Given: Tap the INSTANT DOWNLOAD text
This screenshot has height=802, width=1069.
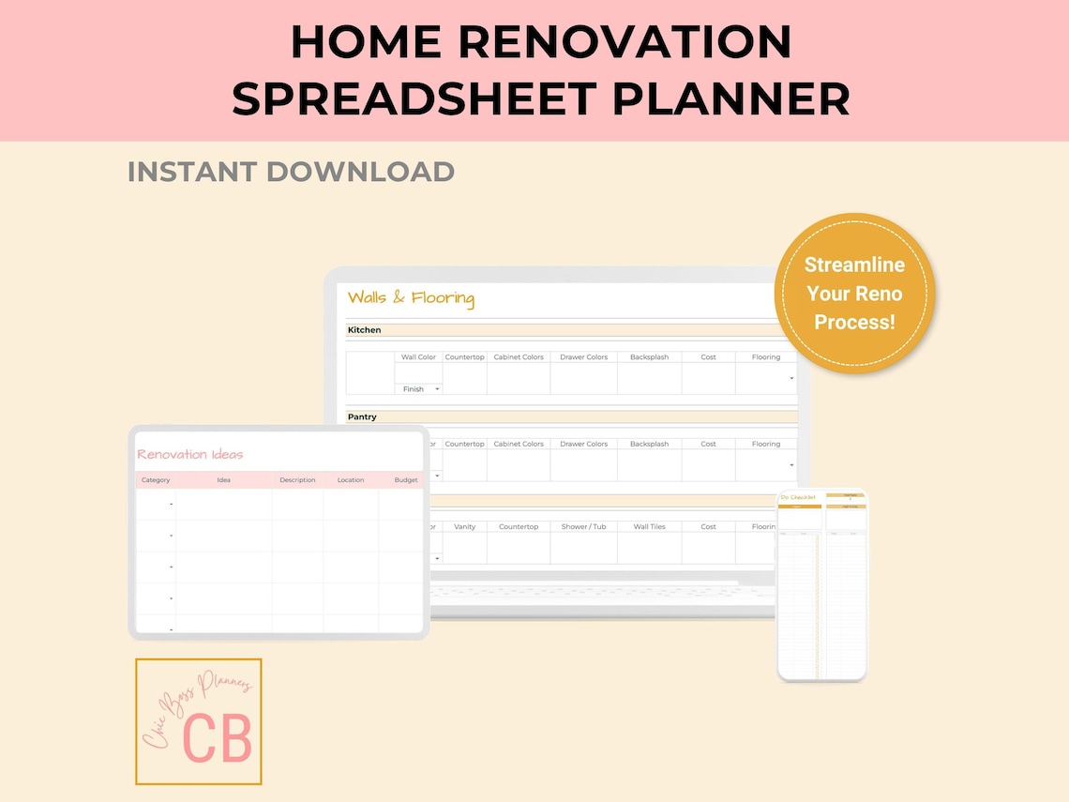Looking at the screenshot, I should (291, 172).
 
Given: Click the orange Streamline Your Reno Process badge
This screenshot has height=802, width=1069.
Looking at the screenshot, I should (854, 293).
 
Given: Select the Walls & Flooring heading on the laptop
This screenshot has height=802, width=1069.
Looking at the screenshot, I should (411, 298).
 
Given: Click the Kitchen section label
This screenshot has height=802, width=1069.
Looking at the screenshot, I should (364, 330).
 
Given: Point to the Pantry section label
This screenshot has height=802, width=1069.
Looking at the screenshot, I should (362, 416).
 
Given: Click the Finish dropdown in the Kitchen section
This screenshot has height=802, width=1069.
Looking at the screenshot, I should (420, 388).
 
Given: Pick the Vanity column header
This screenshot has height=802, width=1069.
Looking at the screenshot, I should (464, 526).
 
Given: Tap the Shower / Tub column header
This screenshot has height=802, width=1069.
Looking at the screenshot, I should (583, 526).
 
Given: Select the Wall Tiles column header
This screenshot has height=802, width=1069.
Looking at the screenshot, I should (649, 526).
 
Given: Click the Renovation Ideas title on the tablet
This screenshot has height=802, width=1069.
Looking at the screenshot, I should (190, 454).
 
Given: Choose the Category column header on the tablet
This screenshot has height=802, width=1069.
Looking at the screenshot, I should (156, 480).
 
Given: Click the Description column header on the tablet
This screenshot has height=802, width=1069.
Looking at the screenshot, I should (297, 480).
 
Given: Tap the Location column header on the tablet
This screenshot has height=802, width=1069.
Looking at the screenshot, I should (351, 480).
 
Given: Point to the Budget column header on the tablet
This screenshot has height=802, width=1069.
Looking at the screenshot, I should (406, 480).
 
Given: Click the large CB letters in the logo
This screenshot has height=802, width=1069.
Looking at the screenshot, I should (218, 738).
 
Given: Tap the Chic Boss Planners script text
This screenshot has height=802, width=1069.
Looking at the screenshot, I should (197, 712).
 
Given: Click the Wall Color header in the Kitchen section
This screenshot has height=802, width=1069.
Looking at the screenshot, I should (418, 357).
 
